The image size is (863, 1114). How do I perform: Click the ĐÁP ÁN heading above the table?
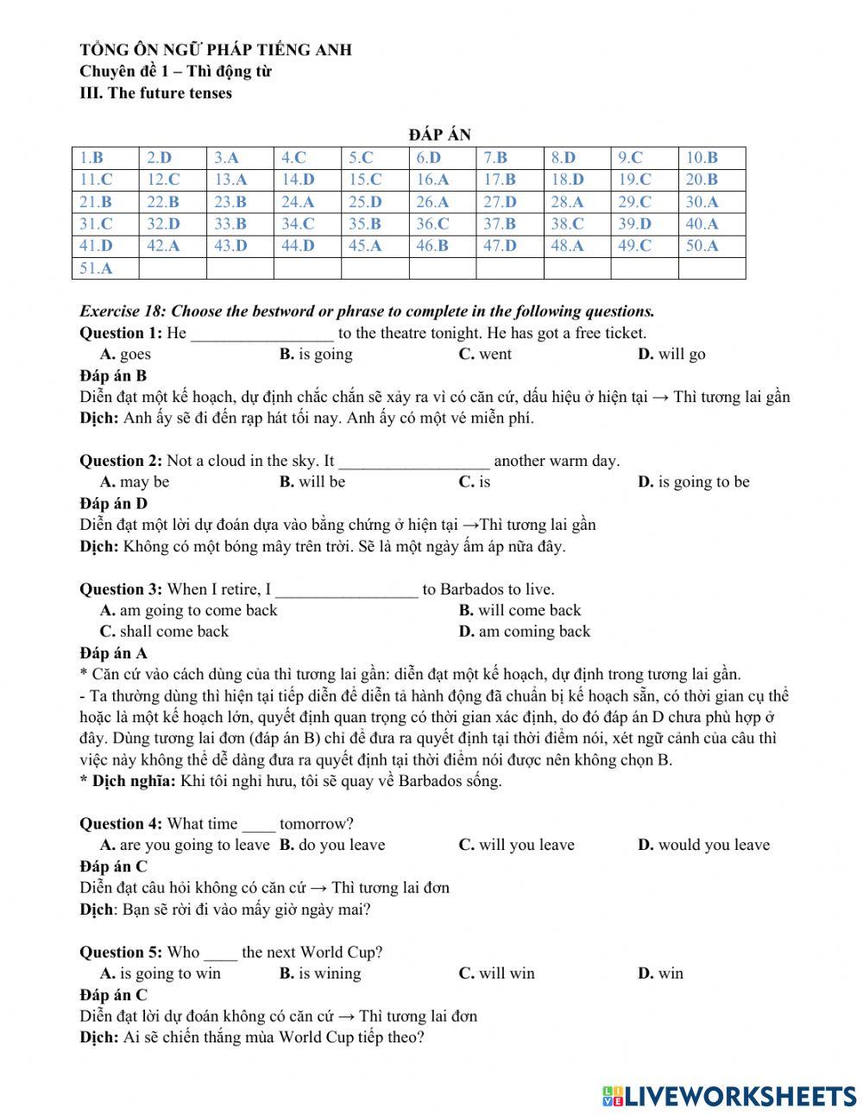439,134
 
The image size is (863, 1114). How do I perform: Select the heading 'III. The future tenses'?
155,93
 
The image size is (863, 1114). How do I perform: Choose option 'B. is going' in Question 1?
316,354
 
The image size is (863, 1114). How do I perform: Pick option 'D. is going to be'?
694,482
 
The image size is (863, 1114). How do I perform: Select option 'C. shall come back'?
164,632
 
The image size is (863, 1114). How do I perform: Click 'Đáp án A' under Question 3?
113,653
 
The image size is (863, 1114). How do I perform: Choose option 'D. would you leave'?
703,846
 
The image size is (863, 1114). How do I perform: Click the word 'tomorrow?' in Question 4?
316,824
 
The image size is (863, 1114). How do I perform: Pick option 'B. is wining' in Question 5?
320,974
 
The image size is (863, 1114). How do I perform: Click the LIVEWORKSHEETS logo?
729,1096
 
